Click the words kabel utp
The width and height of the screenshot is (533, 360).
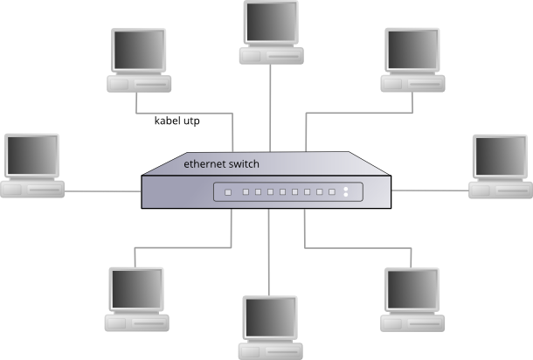point(177,121)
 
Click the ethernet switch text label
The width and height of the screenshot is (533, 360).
point(221,163)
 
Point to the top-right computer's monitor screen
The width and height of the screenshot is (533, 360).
point(412,52)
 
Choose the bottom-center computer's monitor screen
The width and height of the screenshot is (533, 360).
point(269,319)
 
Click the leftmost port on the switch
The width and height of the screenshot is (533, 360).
point(227,191)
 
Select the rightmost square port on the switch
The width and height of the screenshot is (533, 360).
point(332,191)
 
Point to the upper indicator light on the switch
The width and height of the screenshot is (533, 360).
point(346,188)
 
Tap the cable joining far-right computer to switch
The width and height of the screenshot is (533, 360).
point(432,189)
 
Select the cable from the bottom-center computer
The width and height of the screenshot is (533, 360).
point(269,262)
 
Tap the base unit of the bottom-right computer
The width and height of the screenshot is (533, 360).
point(412,322)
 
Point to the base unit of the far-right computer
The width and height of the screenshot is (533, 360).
point(500,190)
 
